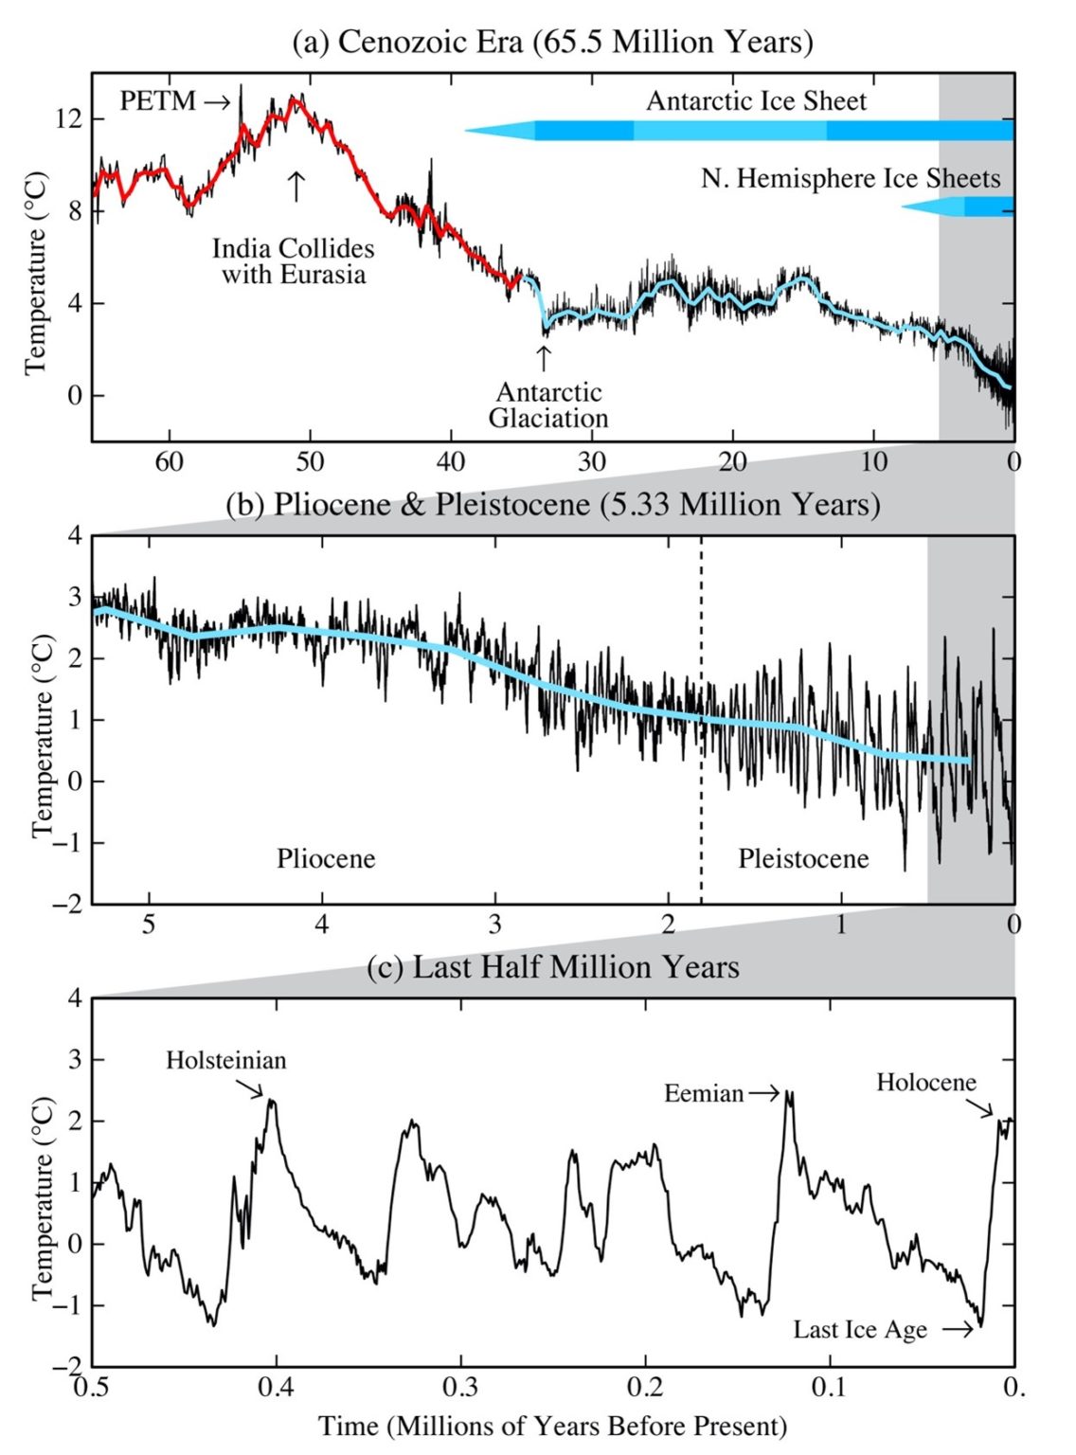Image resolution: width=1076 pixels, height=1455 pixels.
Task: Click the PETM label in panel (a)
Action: pos(157,100)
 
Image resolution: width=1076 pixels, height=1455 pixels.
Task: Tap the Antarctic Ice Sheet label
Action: pos(756,101)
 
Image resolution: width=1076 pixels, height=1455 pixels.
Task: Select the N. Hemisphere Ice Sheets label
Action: pos(851,178)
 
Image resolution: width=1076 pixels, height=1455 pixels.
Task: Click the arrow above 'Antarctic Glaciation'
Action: pos(543,358)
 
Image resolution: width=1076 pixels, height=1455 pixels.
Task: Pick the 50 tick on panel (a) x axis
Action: pos(310,462)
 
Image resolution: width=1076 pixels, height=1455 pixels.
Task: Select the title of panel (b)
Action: pos(552,504)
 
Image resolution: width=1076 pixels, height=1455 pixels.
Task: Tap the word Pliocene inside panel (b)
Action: pos(326,858)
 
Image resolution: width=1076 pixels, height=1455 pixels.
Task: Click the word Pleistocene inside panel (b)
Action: pos(803,858)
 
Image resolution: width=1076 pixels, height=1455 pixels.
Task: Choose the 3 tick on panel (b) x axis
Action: pos(494,925)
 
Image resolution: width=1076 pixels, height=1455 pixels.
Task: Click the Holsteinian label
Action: pos(225,1060)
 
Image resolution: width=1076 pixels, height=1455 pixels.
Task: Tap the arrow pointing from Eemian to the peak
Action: pos(763,1094)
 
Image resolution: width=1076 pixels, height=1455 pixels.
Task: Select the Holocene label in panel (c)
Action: pos(925,1083)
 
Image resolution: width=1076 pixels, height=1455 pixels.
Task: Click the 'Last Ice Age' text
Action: pos(860,1330)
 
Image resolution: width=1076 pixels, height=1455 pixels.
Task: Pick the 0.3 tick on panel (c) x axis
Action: pos(461,1388)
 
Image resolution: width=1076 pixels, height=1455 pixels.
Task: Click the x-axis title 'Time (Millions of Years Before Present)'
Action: pos(552,1426)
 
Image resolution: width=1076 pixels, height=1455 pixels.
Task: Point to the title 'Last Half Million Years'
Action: pos(552,967)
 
